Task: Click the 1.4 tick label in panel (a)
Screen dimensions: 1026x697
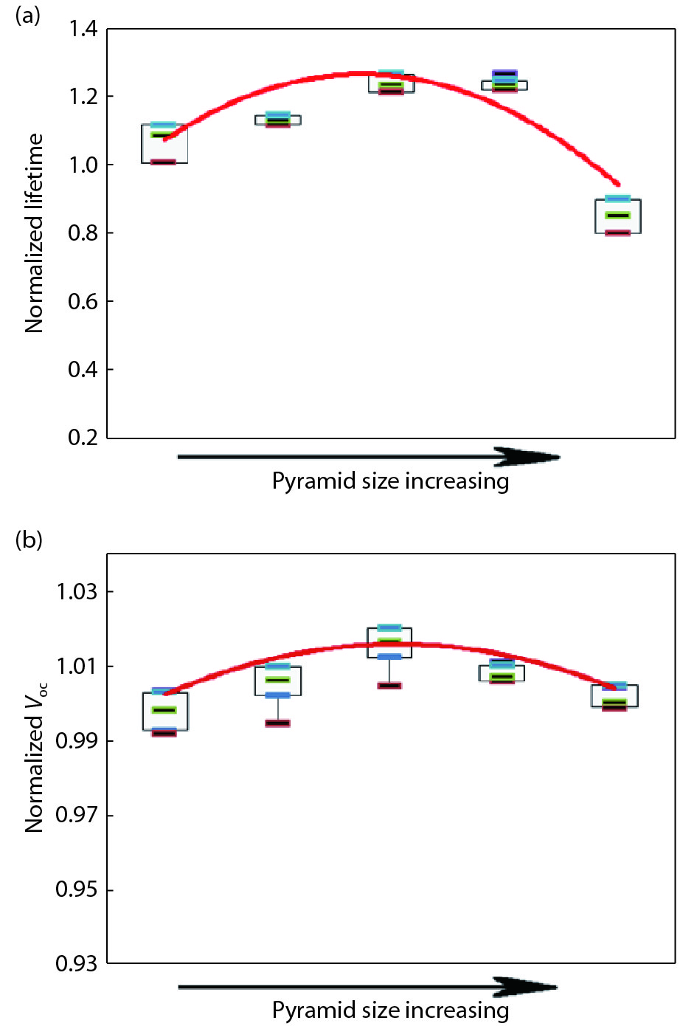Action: click(x=83, y=29)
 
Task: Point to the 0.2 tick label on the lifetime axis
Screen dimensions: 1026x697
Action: click(x=83, y=438)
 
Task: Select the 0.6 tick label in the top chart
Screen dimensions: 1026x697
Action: click(x=83, y=301)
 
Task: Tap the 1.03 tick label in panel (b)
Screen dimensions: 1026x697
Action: click(x=77, y=591)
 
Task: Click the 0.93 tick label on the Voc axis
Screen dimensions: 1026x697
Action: click(x=77, y=963)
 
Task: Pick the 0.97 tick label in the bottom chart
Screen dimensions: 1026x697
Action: click(x=77, y=815)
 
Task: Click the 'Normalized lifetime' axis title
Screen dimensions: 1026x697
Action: click(x=34, y=233)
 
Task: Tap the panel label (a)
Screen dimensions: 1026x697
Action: click(x=28, y=16)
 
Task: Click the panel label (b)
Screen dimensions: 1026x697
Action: click(x=29, y=540)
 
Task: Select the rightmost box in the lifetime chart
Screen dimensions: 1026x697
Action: click(x=618, y=216)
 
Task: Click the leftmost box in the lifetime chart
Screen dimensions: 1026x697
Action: click(x=164, y=144)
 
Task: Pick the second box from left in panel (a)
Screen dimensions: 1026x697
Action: click(x=277, y=120)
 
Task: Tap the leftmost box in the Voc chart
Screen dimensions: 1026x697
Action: click(x=165, y=712)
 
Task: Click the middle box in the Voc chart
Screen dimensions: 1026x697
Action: click(x=389, y=642)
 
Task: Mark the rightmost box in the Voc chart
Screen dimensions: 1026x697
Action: click(x=614, y=696)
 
